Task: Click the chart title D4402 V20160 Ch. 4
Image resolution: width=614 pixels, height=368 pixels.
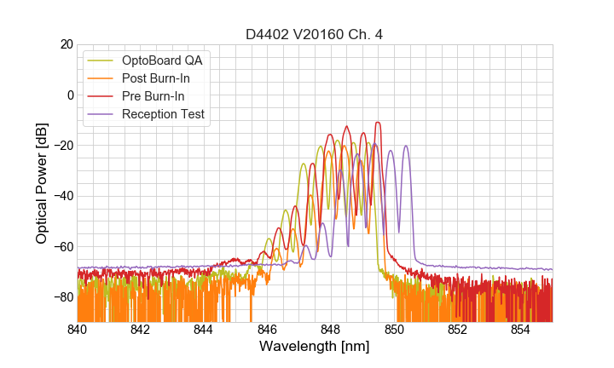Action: (x=314, y=35)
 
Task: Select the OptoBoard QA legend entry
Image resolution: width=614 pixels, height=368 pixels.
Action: (x=162, y=60)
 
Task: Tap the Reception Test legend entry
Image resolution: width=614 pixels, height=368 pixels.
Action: (x=163, y=114)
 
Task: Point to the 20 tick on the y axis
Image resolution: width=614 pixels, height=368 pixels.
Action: (x=66, y=44)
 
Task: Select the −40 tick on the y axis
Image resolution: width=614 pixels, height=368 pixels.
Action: (x=62, y=196)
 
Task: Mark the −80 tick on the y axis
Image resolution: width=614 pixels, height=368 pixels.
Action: (x=62, y=296)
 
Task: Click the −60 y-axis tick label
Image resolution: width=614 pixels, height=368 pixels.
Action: (x=62, y=246)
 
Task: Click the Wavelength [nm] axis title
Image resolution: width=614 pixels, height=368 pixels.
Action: (x=314, y=348)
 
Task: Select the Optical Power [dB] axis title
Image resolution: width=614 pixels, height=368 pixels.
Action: (x=42, y=183)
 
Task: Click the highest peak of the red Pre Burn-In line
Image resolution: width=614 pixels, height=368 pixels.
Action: (x=377, y=123)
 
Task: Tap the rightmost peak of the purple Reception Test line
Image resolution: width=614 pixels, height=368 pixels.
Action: (x=406, y=146)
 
